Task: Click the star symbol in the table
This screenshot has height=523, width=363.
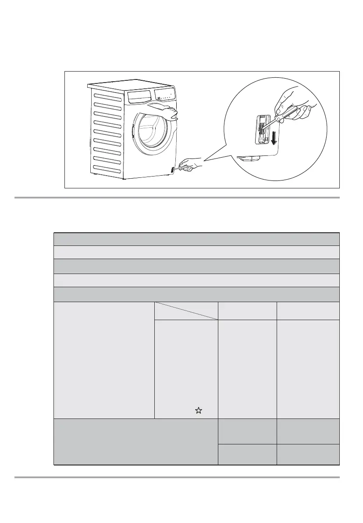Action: [199, 411]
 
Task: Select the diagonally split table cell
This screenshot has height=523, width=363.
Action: [186, 310]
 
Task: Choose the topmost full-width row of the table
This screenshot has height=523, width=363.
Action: [196, 239]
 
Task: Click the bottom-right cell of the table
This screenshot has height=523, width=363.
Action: [308, 454]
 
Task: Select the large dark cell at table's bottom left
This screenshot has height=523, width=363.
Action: [135, 441]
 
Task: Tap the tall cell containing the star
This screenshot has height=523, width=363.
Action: [186, 369]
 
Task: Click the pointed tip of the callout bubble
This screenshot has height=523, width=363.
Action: [204, 161]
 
